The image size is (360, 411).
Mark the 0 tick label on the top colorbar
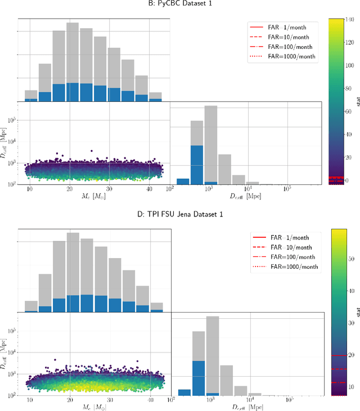point(349,181)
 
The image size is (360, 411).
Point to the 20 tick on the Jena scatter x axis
point(69,401)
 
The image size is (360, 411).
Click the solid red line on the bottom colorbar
point(339,355)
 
